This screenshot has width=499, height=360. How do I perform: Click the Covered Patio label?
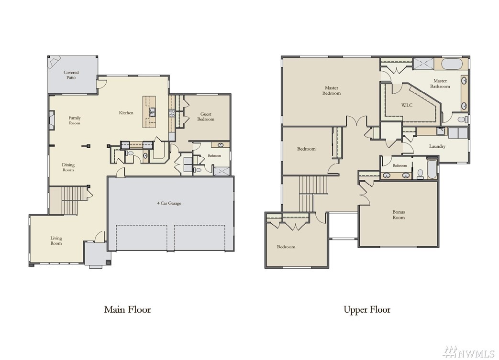point(71,75)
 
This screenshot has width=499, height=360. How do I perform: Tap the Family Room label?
point(75,120)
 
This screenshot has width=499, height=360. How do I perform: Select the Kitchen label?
point(126,113)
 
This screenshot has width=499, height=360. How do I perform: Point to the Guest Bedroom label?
point(206,117)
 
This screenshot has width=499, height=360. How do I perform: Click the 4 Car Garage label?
point(169,203)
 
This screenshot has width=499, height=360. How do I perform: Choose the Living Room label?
point(56,241)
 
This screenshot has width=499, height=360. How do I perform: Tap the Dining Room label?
point(68,167)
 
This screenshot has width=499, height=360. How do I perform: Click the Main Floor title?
point(127,309)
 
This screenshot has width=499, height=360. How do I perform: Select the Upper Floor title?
point(367,310)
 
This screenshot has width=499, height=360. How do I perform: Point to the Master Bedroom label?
point(332,91)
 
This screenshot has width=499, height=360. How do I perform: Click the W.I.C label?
point(407,105)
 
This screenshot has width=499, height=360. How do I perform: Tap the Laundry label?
point(437,147)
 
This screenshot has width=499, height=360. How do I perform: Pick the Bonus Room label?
point(399,215)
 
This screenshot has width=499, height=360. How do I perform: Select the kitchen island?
point(149,112)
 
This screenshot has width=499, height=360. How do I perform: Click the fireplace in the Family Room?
point(51,120)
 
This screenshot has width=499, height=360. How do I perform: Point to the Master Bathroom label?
point(440,84)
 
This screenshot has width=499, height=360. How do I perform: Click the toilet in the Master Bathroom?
point(462,120)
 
